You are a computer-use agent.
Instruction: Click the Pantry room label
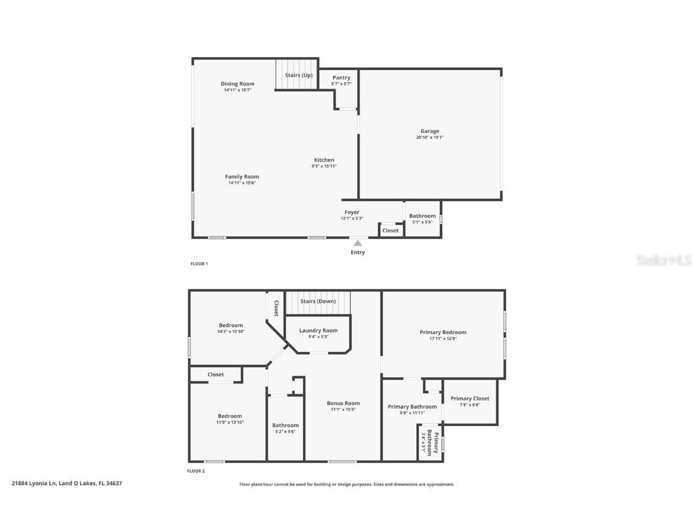(341, 78)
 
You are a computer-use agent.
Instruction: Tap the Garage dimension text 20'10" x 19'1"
(430, 137)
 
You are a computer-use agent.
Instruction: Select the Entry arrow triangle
(357, 243)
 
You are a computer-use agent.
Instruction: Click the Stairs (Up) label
(299, 75)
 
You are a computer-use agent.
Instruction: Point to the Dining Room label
(237, 84)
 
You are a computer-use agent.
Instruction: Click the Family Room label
(242, 176)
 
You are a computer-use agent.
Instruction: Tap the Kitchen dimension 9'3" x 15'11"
(324, 166)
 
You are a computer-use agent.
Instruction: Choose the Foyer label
(352, 212)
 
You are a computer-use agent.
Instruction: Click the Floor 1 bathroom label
(422, 215)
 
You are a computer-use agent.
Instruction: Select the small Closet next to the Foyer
(390, 231)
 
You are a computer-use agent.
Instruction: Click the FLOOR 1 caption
(199, 264)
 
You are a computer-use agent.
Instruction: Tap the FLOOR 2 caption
(196, 471)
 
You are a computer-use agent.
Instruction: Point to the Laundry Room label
(318, 330)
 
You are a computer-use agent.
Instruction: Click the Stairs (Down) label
(317, 301)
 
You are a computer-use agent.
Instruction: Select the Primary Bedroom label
(443, 332)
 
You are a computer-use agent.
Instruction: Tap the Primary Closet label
(470, 398)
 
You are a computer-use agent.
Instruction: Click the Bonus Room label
(343, 403)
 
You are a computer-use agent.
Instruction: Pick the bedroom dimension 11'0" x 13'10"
(230, 422)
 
